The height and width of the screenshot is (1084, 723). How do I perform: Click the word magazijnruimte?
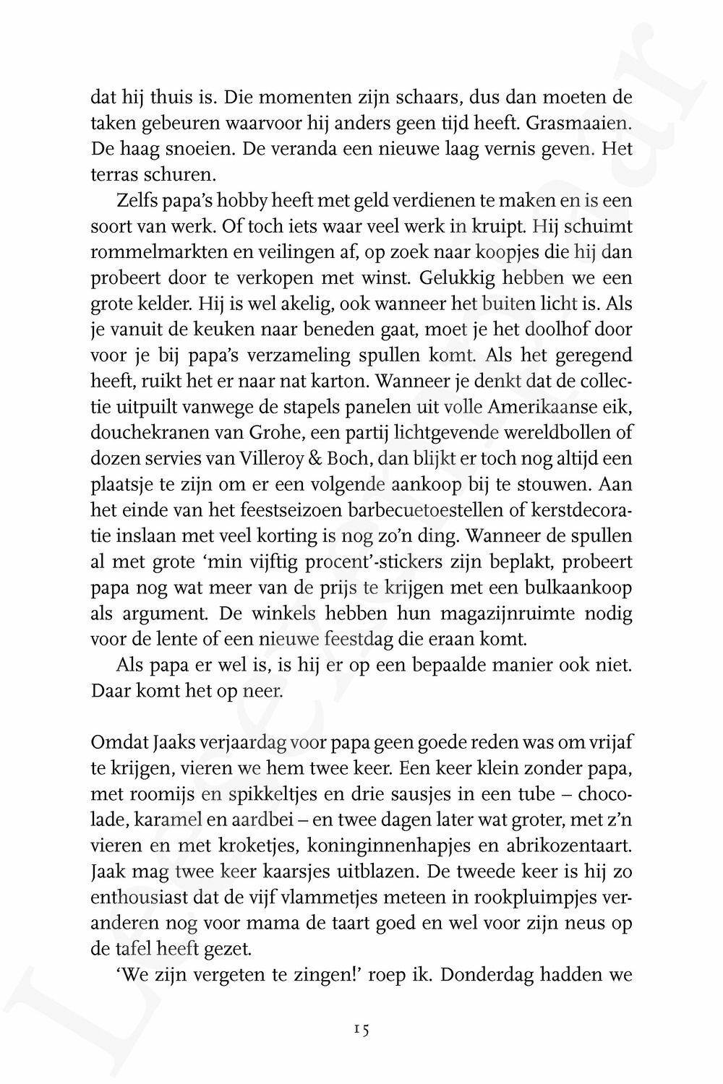530,614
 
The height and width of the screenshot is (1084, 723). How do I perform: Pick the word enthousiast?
139,898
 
